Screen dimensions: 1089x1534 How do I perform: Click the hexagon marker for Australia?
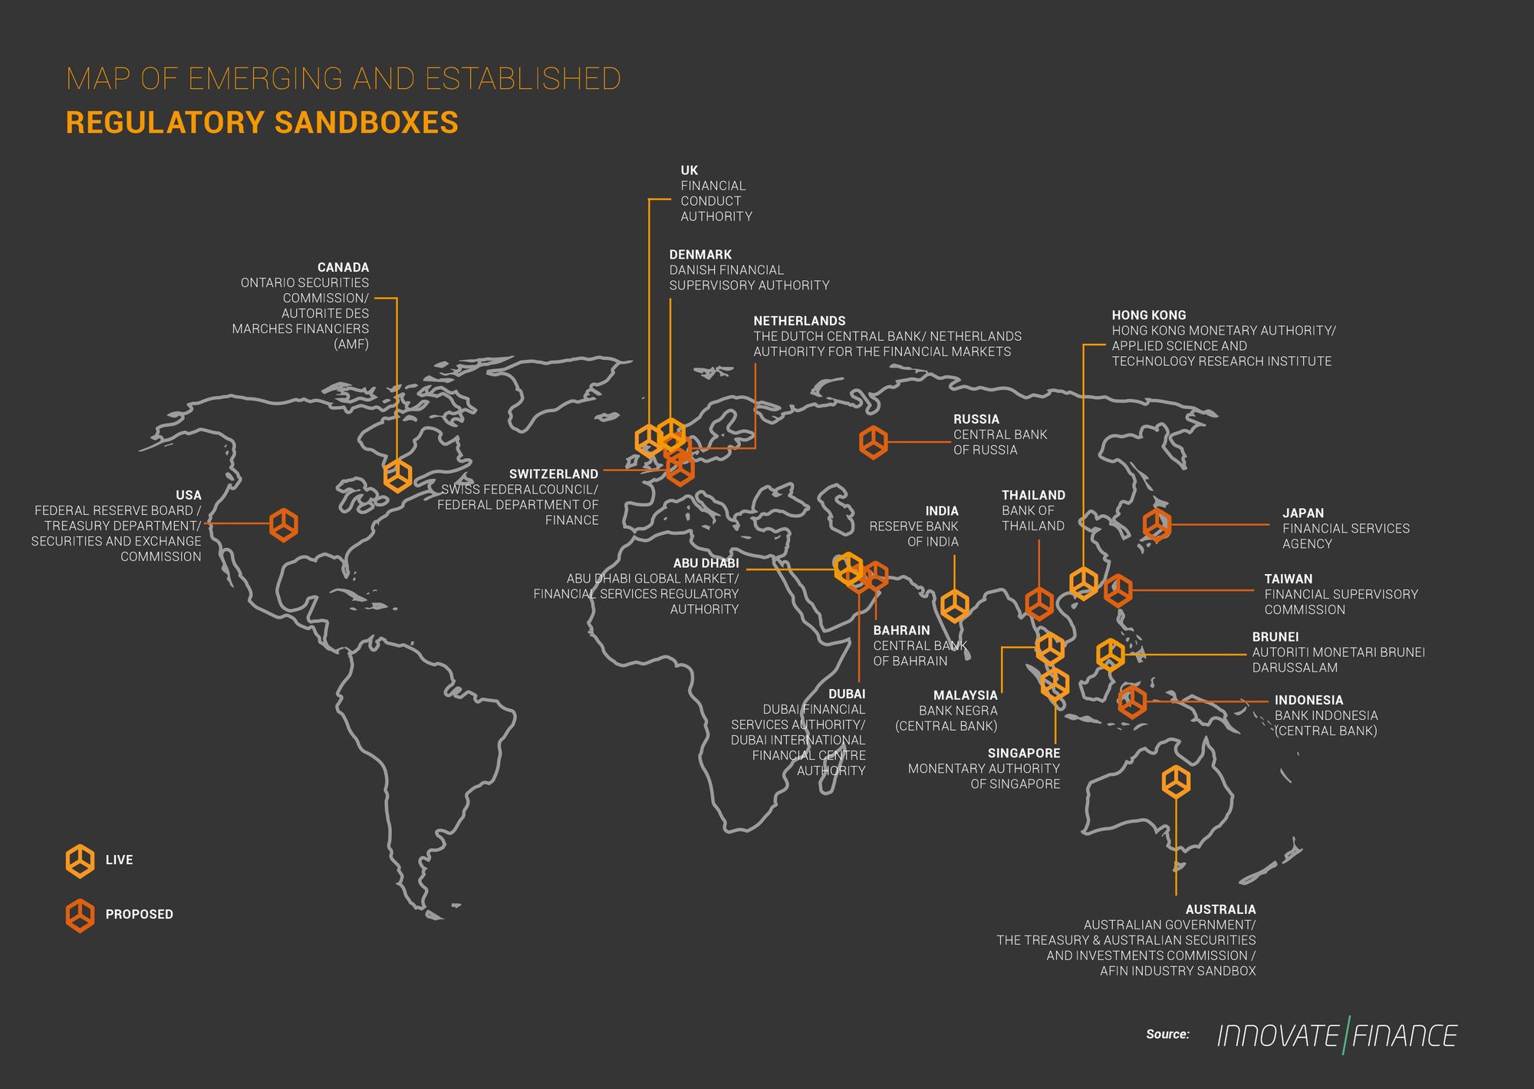coord(1176,782)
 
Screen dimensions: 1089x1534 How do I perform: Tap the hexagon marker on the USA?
coord(284,525)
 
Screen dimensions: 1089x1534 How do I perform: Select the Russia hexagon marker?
coord(874,443)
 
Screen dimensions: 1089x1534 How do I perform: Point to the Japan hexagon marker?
coord(1157,525)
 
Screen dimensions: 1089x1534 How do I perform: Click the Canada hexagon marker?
coord(397,476)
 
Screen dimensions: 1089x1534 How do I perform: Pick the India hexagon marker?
coord(955,606)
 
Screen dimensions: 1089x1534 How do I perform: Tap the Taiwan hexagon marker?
coord(1118,590)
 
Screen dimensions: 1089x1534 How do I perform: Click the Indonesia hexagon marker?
coord(1132,701)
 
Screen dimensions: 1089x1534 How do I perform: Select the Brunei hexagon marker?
coord(1111,655)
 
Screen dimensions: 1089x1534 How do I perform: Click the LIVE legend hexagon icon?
coord(81,861)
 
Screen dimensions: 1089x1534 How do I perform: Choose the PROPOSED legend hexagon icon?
coord(81,915)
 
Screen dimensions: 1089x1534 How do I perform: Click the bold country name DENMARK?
coord(700,255)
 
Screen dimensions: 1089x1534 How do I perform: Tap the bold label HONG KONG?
coord(1148,315)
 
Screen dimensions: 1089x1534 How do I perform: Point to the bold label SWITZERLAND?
coord(553,474)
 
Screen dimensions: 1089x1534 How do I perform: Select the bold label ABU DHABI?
coord(706,563)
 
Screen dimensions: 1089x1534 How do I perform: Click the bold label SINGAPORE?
coord(1023,754)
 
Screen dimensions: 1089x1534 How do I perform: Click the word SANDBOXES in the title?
coord(367,123)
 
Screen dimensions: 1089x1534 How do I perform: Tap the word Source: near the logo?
coord(1167,1035)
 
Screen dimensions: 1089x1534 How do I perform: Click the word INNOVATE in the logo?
coord(1278,1036)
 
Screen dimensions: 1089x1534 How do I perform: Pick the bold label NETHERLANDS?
coord(799,321)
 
